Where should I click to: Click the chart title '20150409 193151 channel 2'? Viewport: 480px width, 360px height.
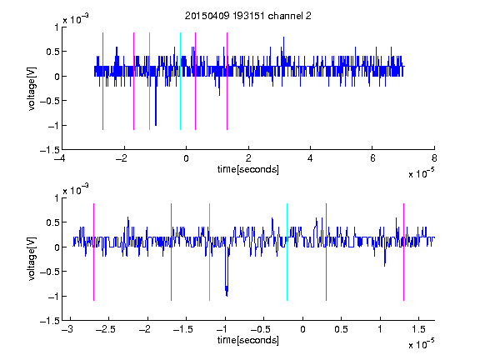[248, 16]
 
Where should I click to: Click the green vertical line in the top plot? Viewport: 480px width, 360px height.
[149, 81]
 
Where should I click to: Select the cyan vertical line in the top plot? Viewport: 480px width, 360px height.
[180, 81]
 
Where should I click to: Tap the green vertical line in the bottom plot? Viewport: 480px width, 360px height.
[209, 252]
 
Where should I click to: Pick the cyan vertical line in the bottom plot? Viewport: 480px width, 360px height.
[287, 252]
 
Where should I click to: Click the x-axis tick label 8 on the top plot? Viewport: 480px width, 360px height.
[434, 158]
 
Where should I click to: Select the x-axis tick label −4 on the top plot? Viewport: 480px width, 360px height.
[60, 158]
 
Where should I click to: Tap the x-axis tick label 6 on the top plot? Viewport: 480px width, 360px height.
[372, 158]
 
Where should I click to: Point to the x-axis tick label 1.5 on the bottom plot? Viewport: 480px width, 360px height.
[419, 329]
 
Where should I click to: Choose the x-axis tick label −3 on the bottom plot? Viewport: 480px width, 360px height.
[68, 329]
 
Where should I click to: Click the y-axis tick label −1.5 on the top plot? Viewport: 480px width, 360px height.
[50, 150]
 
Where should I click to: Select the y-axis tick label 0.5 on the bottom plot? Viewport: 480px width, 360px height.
[52, 222]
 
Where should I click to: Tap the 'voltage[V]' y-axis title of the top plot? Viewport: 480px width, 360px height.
[32, 89]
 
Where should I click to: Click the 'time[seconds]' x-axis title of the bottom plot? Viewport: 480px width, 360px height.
[248, 340]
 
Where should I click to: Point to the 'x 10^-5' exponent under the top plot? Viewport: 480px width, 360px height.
[421, 173]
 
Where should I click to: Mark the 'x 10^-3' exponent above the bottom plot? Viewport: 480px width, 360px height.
[76, 189]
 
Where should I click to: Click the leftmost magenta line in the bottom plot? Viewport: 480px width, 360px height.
[93, 252]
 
